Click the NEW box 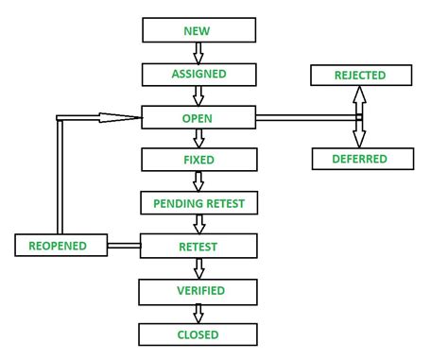pyautogui.click(x=198, y=30)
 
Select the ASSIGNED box pyautogui.click(x=198, y=74)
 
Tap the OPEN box pyautogui.click(x=198, y=118)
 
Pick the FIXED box pyautogui.click(x=198, y=160)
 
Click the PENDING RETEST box pyautogui.click(x=198, y=203)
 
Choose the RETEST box pyautogui.click(x=198, y=247)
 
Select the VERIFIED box pyautogui.click(x=198, y=290)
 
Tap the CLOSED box pyautogui.click(x=198, y=334)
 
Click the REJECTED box pyautogui.click(x=359, y=75)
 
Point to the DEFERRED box pyautogui.click(x=359, y=158)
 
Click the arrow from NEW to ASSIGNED pyautogui.click(x=198, y=52)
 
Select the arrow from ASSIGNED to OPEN pyautogui.click(x=198, y=95)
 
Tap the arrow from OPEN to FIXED pyautogui.click(x=198, y=139)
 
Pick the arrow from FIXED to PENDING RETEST pyautogui.click(x=198, y=181)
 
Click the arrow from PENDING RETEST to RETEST pyautogui.click(x=198, y=225)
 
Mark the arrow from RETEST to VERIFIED pyautogui.click(x=198, y=268)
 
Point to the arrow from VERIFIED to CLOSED pyautogui.click(x=198, y=312)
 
